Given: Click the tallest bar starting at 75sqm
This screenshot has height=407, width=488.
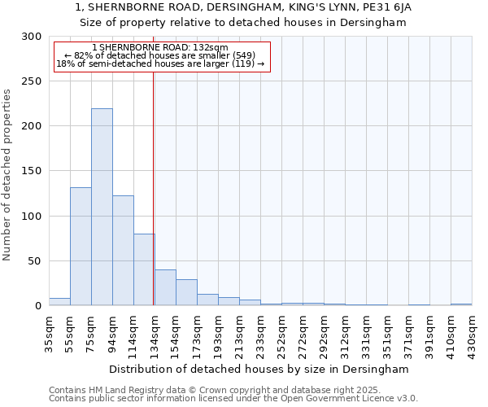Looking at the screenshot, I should point(102,207).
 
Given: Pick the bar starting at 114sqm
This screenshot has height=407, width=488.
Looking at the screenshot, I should point(144,269).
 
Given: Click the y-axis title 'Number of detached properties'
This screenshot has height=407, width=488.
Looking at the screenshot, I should point(7,175).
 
